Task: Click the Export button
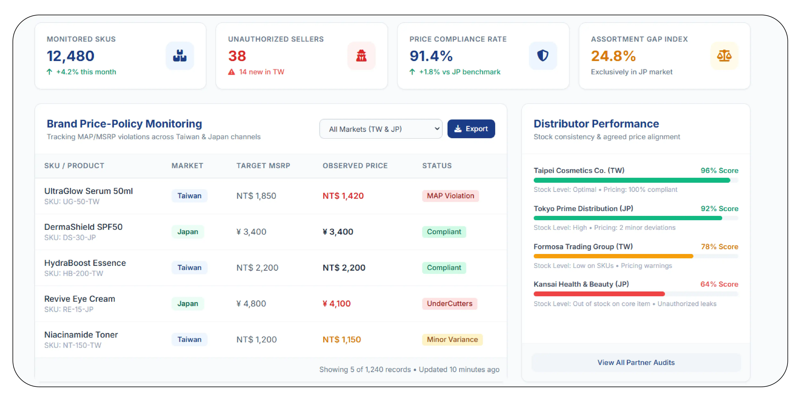tap(471, 129)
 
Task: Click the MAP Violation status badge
tap(450, 196)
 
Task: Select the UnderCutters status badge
tap(449, 304)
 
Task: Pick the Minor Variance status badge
tap(452, 340)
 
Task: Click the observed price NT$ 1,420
tap(343, 196)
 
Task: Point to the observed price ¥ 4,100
tap(336, 304)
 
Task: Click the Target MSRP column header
tap(263, 166)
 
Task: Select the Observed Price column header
tap(355, 166)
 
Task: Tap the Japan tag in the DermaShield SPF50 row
tap(188, 232)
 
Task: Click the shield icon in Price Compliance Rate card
tap(543, 56)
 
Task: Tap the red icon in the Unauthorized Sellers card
tap(361, 56)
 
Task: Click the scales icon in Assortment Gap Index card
tap(724, 56)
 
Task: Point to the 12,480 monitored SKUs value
tap(71, 56)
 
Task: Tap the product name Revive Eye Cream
tap(80, 299)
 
